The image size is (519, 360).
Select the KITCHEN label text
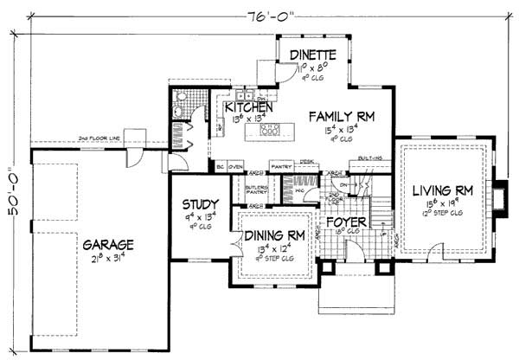[250, 107]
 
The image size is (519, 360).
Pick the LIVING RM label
[441, 190]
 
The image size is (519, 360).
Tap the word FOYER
[348, 222]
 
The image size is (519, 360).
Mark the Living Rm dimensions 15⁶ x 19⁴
[441, 202]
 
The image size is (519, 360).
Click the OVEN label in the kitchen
[235, 164]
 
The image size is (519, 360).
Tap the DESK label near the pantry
[305, 160]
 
